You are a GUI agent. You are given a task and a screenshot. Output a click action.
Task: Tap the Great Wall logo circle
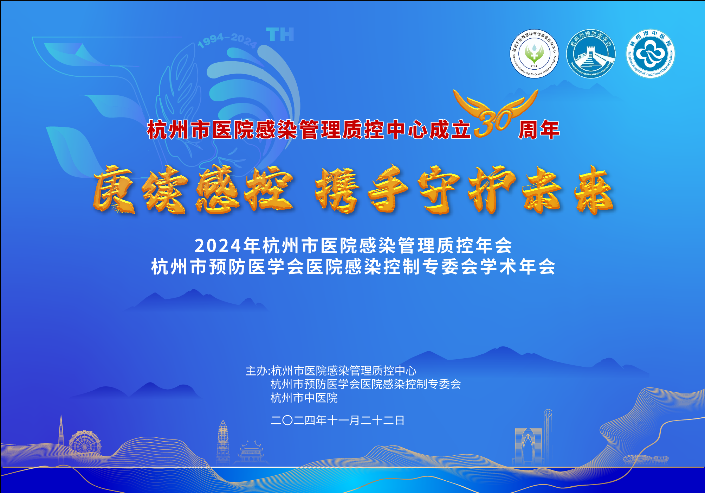tap(591, 54)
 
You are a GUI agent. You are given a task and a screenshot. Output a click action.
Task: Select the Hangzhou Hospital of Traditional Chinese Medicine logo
tap(650, 53)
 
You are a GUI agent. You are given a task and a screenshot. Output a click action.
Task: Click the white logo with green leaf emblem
tap(534, 53)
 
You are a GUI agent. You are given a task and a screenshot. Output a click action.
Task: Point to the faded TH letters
tap(280, 35)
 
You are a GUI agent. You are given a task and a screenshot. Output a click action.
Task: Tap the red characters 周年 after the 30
tap(539, 130)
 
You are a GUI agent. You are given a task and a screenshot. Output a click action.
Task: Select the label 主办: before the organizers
tap(258, 371)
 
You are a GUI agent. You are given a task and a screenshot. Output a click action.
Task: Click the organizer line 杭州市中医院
tap(304, 398)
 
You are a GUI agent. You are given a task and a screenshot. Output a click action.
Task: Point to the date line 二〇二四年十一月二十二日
tap(337, 420)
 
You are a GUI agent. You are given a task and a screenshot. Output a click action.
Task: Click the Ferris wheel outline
tap(85, 444)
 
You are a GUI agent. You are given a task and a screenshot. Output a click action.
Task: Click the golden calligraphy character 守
tap(439, 190)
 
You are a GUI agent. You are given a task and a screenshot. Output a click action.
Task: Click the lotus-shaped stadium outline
tap(646, 459)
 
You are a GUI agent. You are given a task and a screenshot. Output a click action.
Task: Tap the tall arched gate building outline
tap(528, 446)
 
